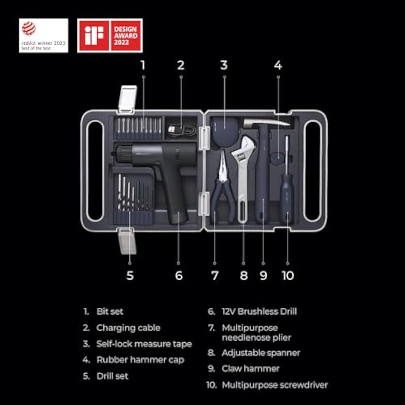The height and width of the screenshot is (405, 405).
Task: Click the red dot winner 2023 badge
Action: [43, 35]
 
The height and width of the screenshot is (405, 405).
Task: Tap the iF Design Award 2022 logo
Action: [110, 35]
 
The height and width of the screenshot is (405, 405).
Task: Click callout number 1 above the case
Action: [143, 65]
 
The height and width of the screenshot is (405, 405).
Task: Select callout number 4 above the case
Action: [278, 65]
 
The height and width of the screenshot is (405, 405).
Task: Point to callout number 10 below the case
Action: [288, 275]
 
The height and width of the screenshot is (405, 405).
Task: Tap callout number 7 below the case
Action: [215, 275]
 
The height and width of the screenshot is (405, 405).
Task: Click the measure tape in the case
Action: [225, 132]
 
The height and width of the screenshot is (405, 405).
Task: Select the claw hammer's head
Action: [266, 123]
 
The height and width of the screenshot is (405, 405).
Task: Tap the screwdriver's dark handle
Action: [287, 198]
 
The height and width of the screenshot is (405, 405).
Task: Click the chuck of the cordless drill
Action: [124, 154]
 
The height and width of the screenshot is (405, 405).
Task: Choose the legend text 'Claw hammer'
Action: [250, 369]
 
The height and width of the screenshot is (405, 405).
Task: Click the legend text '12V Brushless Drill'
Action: [259, 311]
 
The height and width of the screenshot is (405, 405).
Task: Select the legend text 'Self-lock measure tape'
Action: [144, 344]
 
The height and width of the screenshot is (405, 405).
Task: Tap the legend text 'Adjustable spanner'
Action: [261, 353]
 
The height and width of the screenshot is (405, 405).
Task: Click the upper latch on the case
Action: [127, 100]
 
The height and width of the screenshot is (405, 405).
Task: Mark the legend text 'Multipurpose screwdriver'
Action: [275, 385]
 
